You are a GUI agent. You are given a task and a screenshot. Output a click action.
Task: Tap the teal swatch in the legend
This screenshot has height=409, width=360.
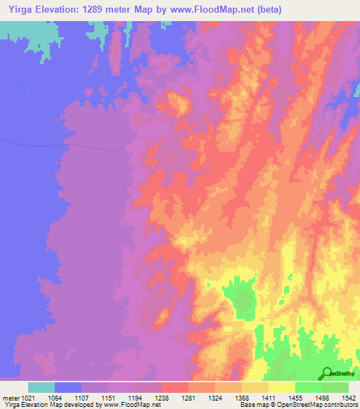pyautogui.click(x=41, y=387)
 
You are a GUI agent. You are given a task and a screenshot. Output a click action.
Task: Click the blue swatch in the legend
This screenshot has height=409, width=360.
pyautogui.click(x=68, y=387)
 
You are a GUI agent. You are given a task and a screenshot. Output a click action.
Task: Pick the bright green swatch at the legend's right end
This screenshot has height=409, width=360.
pyautogui.click(x=335, y=387)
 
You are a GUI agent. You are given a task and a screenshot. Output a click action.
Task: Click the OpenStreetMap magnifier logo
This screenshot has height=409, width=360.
pyautogui.click(x=327, y=373)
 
